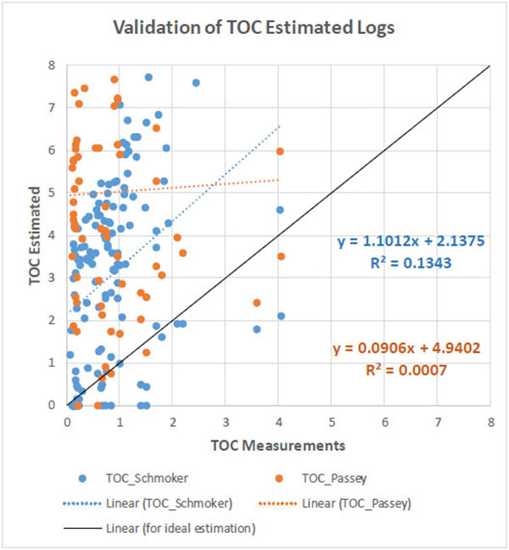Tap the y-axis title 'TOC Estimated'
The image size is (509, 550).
(x=36, y=236)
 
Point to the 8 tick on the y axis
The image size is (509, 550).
(x=53, y=65)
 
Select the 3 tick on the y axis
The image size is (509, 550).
(x=53, y=278)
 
